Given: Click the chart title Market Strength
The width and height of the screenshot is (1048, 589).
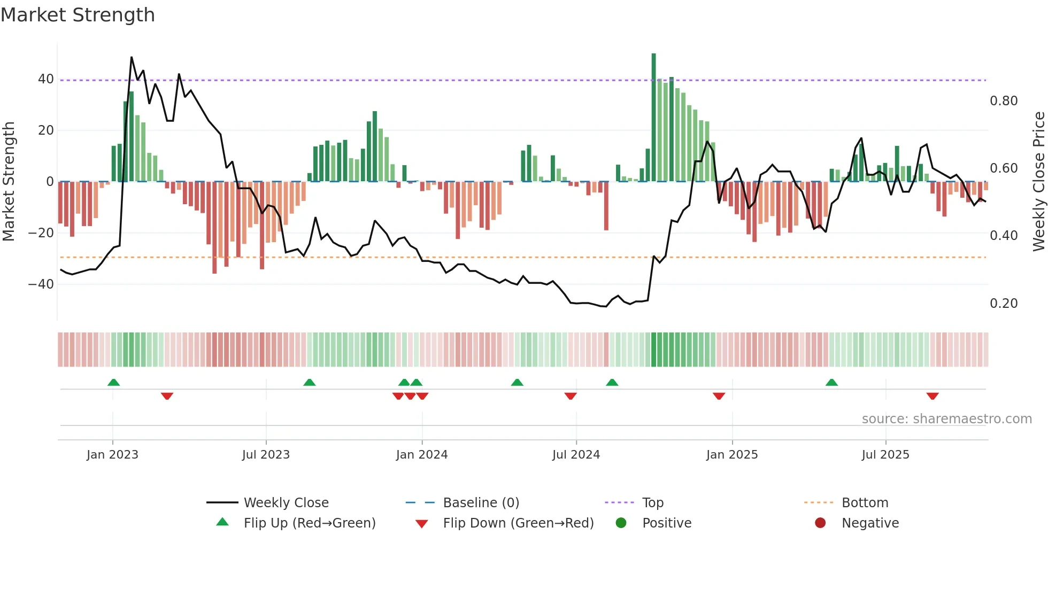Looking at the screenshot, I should [78, 15].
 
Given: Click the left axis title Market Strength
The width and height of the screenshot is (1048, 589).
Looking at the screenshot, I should [9, 181].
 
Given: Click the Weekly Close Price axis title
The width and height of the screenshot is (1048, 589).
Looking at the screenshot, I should [1038, 181].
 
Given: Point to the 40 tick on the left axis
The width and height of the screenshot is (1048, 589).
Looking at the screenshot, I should [46, 79].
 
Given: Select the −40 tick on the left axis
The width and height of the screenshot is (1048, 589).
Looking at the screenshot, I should [41, 284].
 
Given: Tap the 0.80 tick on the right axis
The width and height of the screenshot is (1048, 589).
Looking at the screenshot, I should [1003, 101].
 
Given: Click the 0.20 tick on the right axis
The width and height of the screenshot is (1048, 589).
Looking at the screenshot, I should [1003, 304].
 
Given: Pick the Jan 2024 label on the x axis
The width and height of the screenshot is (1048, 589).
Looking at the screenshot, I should [422, 455].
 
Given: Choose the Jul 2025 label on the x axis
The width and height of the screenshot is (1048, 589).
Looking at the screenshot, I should [885, 455].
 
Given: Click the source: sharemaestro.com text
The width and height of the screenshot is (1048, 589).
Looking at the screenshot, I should [946, 419].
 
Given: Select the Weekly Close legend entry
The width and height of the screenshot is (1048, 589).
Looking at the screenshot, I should [286, 503].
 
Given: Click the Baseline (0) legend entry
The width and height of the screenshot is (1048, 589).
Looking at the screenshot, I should [481, 503].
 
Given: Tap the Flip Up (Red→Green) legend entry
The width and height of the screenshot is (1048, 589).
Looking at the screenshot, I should [309, 523].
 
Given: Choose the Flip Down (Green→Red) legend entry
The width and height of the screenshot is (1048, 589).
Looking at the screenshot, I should [518, 523].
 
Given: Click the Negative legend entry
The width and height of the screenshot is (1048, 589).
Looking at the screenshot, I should [870, 523].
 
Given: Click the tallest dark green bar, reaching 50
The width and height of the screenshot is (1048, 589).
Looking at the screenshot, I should [653, 118].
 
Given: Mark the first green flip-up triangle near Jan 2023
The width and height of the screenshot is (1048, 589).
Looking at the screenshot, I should [113, 382].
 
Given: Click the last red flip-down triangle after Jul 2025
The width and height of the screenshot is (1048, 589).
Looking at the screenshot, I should [933, 396].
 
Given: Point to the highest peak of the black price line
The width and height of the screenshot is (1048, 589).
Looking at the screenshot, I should [132, 57].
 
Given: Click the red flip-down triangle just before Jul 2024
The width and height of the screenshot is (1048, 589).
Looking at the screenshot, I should [571, 396].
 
